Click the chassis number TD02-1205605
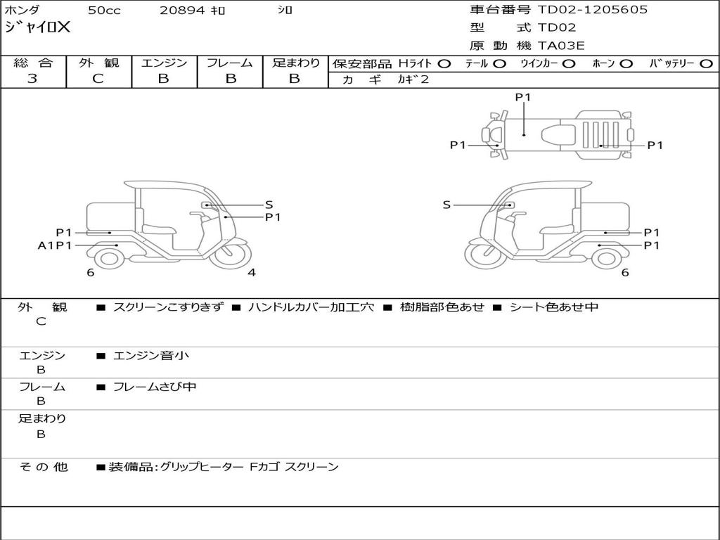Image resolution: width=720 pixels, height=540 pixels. tap(592, 10)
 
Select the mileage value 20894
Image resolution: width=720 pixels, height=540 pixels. tap(181, 11)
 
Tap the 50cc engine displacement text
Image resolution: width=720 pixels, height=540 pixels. tap(103, 11)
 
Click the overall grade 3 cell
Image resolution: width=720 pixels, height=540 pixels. tap(32, 79)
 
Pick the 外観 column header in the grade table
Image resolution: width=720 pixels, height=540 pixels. tap(98, 63)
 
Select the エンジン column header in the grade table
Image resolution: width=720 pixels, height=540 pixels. tap(164, 63)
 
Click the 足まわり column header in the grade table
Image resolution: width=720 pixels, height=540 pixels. tap(295, 63)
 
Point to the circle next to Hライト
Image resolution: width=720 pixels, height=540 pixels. tap(444, 63)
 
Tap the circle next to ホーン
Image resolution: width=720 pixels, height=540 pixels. tap(626, 63)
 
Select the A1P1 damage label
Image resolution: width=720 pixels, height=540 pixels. tap(55, 245)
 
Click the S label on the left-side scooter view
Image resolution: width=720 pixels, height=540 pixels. tap(269, 205)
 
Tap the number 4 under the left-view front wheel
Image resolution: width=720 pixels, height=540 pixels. tap(251, 273)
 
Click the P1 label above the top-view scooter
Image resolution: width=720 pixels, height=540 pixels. tap(522, 98)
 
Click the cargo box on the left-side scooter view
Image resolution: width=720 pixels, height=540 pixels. tap(110, 217)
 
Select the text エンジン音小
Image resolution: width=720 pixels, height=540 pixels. tap(150, 356)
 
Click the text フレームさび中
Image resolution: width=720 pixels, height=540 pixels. tap(154, 387)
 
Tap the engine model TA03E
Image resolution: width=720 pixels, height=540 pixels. tap(561, 46)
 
